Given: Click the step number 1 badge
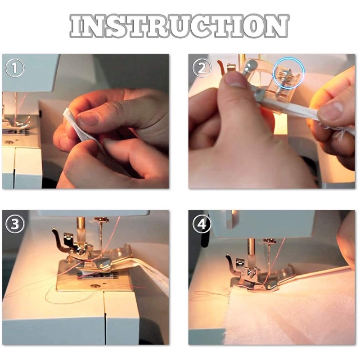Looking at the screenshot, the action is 15,68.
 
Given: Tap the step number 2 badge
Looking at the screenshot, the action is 202,68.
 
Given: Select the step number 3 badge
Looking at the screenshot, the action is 15,224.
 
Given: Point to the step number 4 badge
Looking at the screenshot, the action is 202,224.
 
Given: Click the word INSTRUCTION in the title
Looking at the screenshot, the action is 179,26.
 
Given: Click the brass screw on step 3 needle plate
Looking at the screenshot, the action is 94,286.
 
